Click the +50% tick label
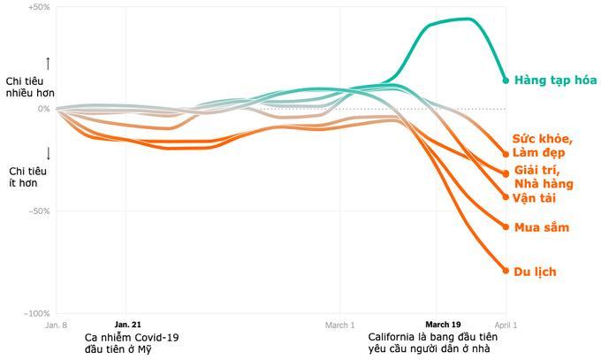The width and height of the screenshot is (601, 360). [x=39, y=7]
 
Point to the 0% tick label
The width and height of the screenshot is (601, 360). [x=43, y=109]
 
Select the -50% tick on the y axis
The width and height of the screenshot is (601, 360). [x=39, y=211]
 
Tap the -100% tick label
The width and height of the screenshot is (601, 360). [x=37, y=313]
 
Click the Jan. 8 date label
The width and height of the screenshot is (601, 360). [x=56, y=326]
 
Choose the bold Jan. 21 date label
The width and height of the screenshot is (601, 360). [x=128, y=326]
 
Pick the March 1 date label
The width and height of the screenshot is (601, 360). [x=340, y=326]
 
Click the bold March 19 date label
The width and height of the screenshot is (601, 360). [x=444, y=326]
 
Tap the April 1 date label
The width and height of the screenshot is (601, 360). [x=506, y=326]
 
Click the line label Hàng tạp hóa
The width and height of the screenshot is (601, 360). [x=555, y=80]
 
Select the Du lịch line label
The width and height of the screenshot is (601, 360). [x=535, y=272]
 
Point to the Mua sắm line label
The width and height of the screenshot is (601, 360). [x=541, y=228]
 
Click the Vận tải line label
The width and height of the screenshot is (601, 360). [x=535, y=198]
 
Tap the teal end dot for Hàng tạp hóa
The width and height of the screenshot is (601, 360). [x=506, y=80]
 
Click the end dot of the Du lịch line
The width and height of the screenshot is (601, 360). [x=506, y=270]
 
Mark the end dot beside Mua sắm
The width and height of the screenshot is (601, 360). [x=506, y=227]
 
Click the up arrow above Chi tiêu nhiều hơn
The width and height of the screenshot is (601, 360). [x=48, y=64]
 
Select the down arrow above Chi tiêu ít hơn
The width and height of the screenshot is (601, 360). [x=48, y=152]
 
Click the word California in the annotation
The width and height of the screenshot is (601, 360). [x=396, y=338]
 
